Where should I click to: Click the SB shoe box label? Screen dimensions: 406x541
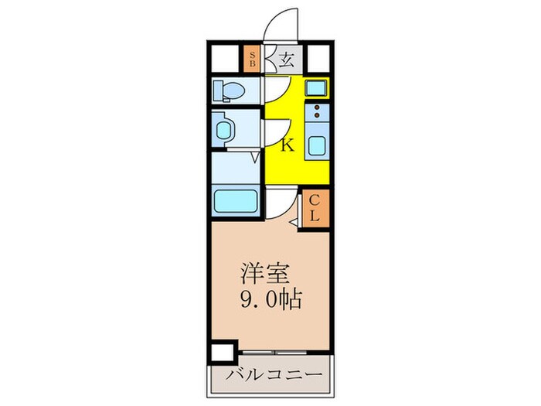click(x=252, y=60)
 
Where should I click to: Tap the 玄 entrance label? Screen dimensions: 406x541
click(x=287, y=60)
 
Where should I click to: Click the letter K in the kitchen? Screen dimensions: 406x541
click(x=286, y=145)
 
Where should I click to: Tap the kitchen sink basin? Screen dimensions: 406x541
click(x=317, y=145)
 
